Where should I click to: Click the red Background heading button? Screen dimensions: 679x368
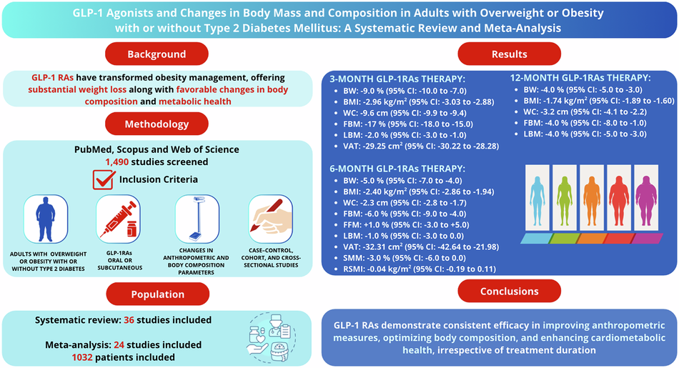coord(157,54)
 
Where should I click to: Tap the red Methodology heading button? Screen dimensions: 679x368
coord(157,124)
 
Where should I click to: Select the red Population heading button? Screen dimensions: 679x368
coord(158,294)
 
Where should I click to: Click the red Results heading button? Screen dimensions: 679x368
coord(509,54)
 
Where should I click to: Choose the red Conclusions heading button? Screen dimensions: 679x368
coord(509,292)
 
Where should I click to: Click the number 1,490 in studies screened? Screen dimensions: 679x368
coord(117,162)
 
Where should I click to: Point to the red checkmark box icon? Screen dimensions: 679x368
coord(104,179)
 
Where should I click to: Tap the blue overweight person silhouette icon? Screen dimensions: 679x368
coord(46,219)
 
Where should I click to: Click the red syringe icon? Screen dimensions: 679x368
coord(118,219)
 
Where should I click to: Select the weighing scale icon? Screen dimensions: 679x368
coord(197,219)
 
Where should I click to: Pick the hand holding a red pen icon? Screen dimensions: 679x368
coord(271,219)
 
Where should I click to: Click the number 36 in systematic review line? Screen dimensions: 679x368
coord(129,320)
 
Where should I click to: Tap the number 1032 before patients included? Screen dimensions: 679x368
coord(82,357)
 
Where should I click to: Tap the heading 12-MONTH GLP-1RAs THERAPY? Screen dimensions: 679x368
coord(580,78)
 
